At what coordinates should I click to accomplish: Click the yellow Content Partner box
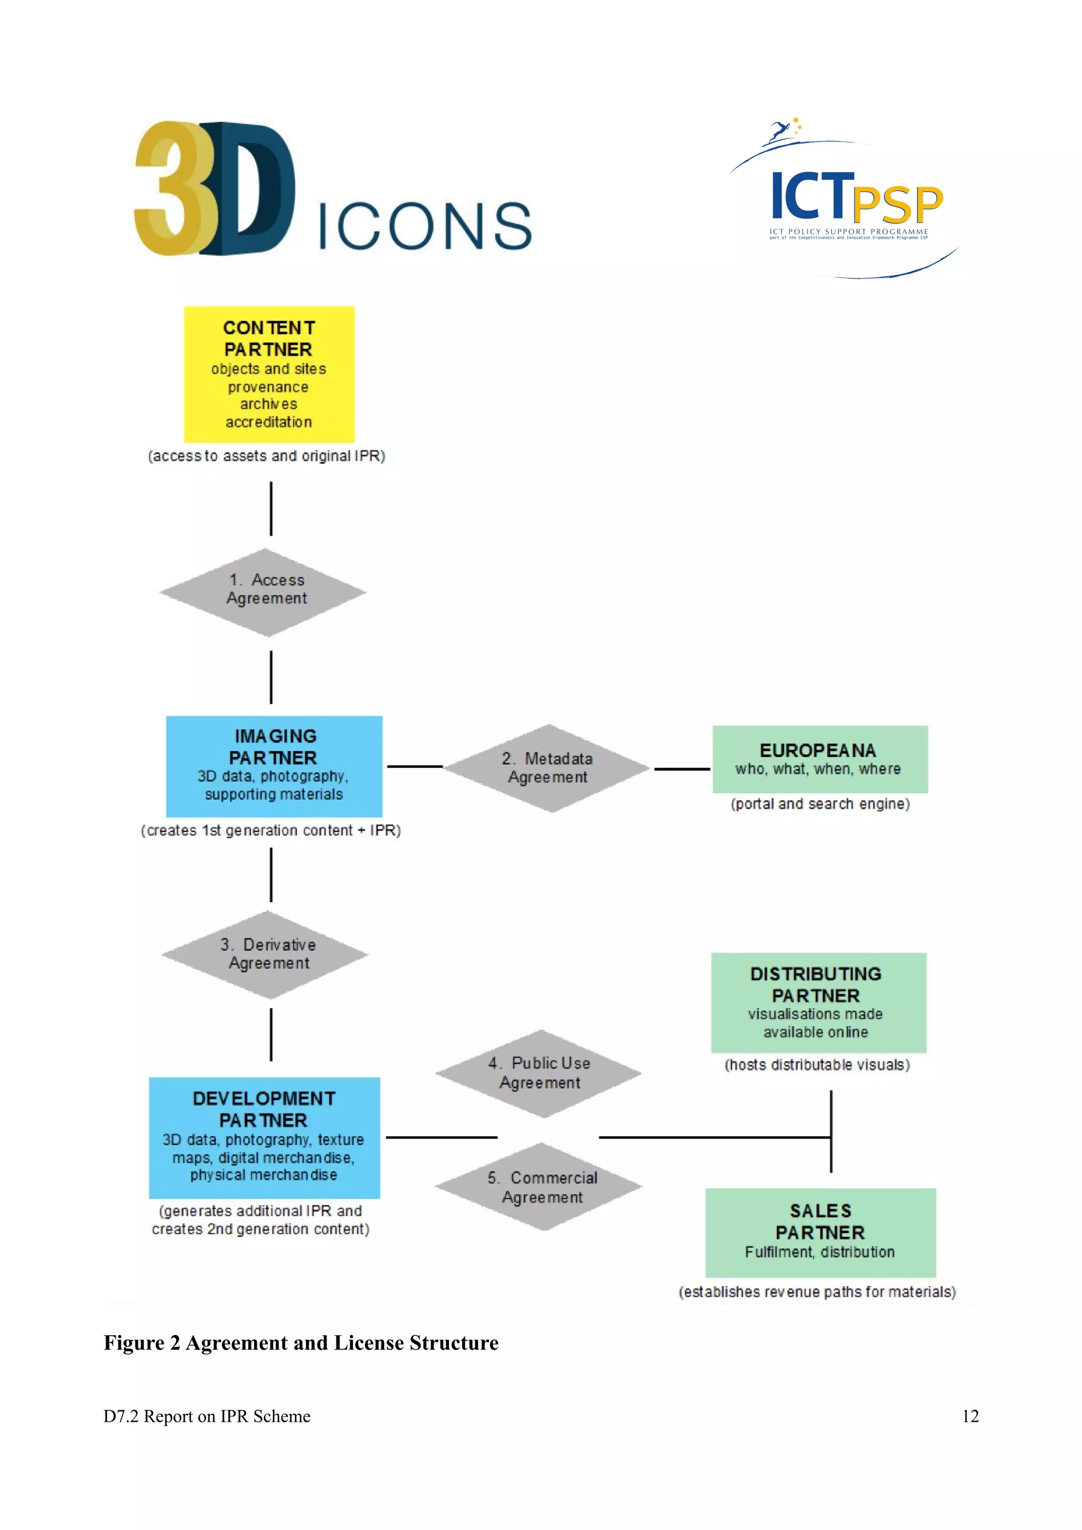click(269, 374)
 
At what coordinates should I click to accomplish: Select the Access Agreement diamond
click(263, 592)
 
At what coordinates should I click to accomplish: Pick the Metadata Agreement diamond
click(547, 768)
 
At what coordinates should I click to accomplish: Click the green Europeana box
click(819, 759)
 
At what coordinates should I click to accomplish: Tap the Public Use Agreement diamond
click(539, 1073)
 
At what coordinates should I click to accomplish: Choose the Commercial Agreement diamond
click(539, 1187)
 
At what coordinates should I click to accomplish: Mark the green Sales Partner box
click(820, 1232)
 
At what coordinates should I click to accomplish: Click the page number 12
click(970, 1416)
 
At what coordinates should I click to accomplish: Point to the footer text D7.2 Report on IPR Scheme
click(207, 1416)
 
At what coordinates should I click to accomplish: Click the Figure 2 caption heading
click(301, 1343)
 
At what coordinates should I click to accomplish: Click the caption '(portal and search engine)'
click(820, 804)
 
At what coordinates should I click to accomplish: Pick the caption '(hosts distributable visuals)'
click(817, 1065)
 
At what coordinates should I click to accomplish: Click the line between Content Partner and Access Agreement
click(270, 508)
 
